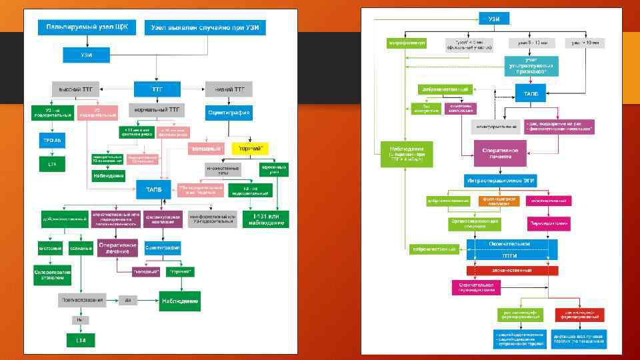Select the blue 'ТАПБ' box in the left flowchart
click(154, 189)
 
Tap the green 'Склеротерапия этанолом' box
click(52, 274)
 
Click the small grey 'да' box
click(129, 300)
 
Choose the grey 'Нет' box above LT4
click(79, 320)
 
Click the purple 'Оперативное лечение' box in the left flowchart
click(117, 248)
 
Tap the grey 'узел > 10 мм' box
click(585, 43)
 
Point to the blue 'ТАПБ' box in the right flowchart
click(531, 94)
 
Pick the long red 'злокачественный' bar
click(512, 270)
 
